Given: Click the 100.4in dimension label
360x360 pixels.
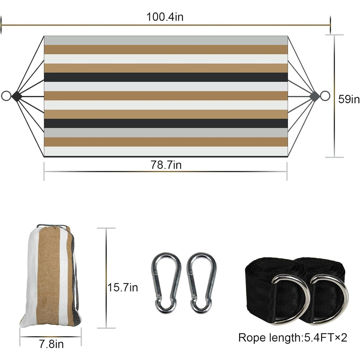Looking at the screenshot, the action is pyautogui.click(x=165, y=17).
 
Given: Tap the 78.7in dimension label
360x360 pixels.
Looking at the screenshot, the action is pyautogui.click(x=166, y=165).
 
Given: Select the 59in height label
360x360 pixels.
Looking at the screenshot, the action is pyautogui.click(x=349, y=99).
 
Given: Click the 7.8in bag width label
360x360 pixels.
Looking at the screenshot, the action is pyautogui.click(x=51, y=344).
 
